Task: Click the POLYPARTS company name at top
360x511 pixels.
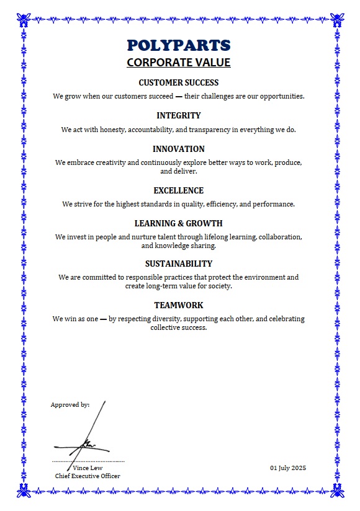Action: [179, 45]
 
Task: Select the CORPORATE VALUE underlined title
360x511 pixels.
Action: [179, 63]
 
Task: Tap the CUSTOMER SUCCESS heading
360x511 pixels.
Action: [179, 82]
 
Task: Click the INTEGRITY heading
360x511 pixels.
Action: [179, 115]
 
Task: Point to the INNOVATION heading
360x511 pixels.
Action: [179, 149]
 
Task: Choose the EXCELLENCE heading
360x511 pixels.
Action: [179, 190]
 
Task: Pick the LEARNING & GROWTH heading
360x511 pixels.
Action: [179, 223]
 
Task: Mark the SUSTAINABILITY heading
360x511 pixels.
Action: [179, 264]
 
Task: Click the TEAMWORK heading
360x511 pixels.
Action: [179, 305]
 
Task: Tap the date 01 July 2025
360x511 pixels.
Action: [288, 468]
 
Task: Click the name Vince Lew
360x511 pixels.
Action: [88, 468]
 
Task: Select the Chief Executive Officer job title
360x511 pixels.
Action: [88, 476]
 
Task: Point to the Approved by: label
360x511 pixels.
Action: [70, 404]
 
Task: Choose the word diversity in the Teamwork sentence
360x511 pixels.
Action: [169, 319]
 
